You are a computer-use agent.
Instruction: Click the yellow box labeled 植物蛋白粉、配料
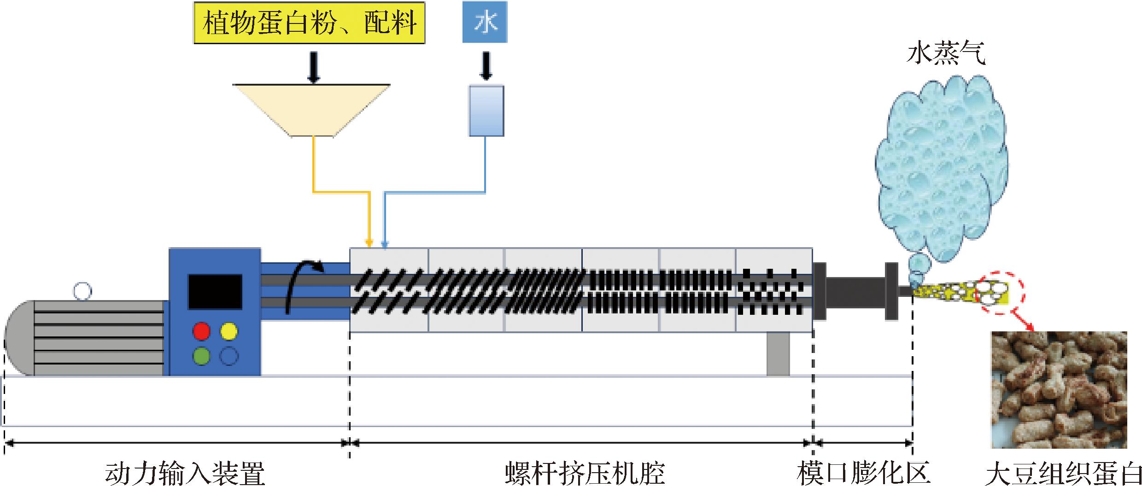tap(309, 23)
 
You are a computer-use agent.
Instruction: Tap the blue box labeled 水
tap(485, 22)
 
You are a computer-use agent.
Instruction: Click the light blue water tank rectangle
tap(486, 110)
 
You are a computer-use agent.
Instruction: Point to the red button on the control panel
tap(201, 331)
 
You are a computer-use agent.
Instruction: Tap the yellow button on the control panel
tap(229, 331)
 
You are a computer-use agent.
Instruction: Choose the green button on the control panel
tap(201, 356)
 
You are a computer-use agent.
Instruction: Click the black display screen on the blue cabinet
tap(215, 292)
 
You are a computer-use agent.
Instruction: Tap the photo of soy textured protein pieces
tap(1059, 389)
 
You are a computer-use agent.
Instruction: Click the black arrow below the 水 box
tap(486, 65)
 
